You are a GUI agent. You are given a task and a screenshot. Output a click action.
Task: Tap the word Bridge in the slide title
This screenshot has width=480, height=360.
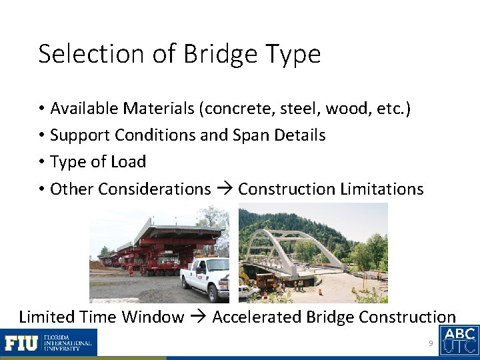click(x=211, y=54)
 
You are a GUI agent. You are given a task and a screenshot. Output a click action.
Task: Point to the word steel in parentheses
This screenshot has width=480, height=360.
click(x=296, y=109)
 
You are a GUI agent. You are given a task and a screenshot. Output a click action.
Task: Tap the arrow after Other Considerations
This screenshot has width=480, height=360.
click(x=224, y=189)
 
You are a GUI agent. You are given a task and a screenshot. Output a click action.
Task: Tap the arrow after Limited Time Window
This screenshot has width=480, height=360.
click(x=197, y=317)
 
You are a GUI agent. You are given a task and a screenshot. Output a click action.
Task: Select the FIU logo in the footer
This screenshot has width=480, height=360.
click(x=49, y=343)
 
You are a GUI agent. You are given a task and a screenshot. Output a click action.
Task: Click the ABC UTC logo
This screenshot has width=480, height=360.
click(x=459, y=340)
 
